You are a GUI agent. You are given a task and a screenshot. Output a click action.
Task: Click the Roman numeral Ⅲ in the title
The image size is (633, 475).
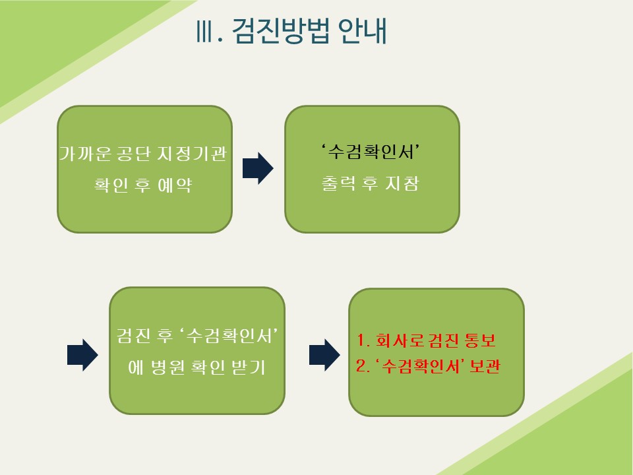tap(204, 31)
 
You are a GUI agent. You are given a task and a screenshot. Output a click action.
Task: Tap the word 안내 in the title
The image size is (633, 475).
tap(362, 31)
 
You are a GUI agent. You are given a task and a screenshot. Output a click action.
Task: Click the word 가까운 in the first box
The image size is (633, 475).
tap(85, 154)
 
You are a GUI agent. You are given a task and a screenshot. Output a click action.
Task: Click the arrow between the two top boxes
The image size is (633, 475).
tap(258, 168)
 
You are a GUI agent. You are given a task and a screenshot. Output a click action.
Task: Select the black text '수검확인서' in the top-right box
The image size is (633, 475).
tap(370, 152)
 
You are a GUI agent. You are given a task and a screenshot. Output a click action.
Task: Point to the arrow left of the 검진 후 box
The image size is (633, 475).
tap(82, 355)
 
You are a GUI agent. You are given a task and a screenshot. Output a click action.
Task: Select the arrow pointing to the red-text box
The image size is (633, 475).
tap(324, 355)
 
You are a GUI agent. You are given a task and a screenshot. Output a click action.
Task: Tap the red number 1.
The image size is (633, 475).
tap(361, 340)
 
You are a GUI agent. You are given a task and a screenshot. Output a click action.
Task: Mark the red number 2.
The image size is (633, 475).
tap(361, 366)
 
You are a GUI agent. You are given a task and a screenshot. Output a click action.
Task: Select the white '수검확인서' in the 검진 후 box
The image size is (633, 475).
tap(229, 336)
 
